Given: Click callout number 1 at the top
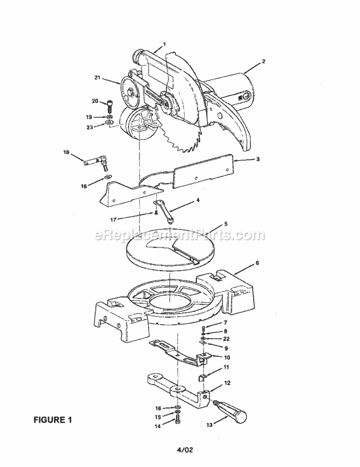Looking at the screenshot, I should tap(164, 44).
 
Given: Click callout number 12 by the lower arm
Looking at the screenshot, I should tap(227, 383).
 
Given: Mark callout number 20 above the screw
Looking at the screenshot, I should tap(95, 100).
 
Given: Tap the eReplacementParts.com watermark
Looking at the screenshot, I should tap(179, 235).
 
